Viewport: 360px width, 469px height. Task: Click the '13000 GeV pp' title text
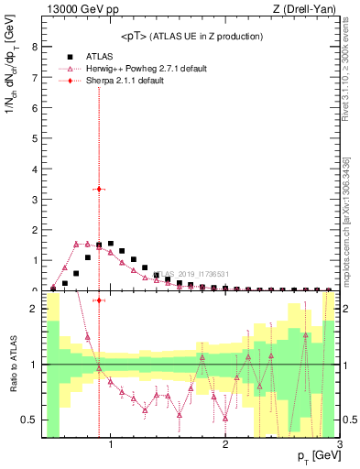pyautogui.click(x=73, y=11)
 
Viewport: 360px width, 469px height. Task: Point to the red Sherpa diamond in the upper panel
pyautogui.click(x=99, y=189)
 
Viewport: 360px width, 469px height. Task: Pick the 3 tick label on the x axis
pyautogui.click(x=340, y=446)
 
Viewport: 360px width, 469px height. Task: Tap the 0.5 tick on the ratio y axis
pyautogui.click(x=30, y=420)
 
